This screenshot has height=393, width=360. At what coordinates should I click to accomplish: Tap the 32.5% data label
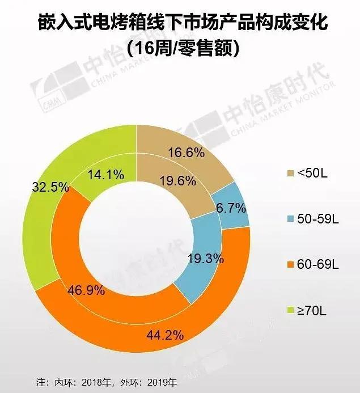(x=48, y=187)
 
